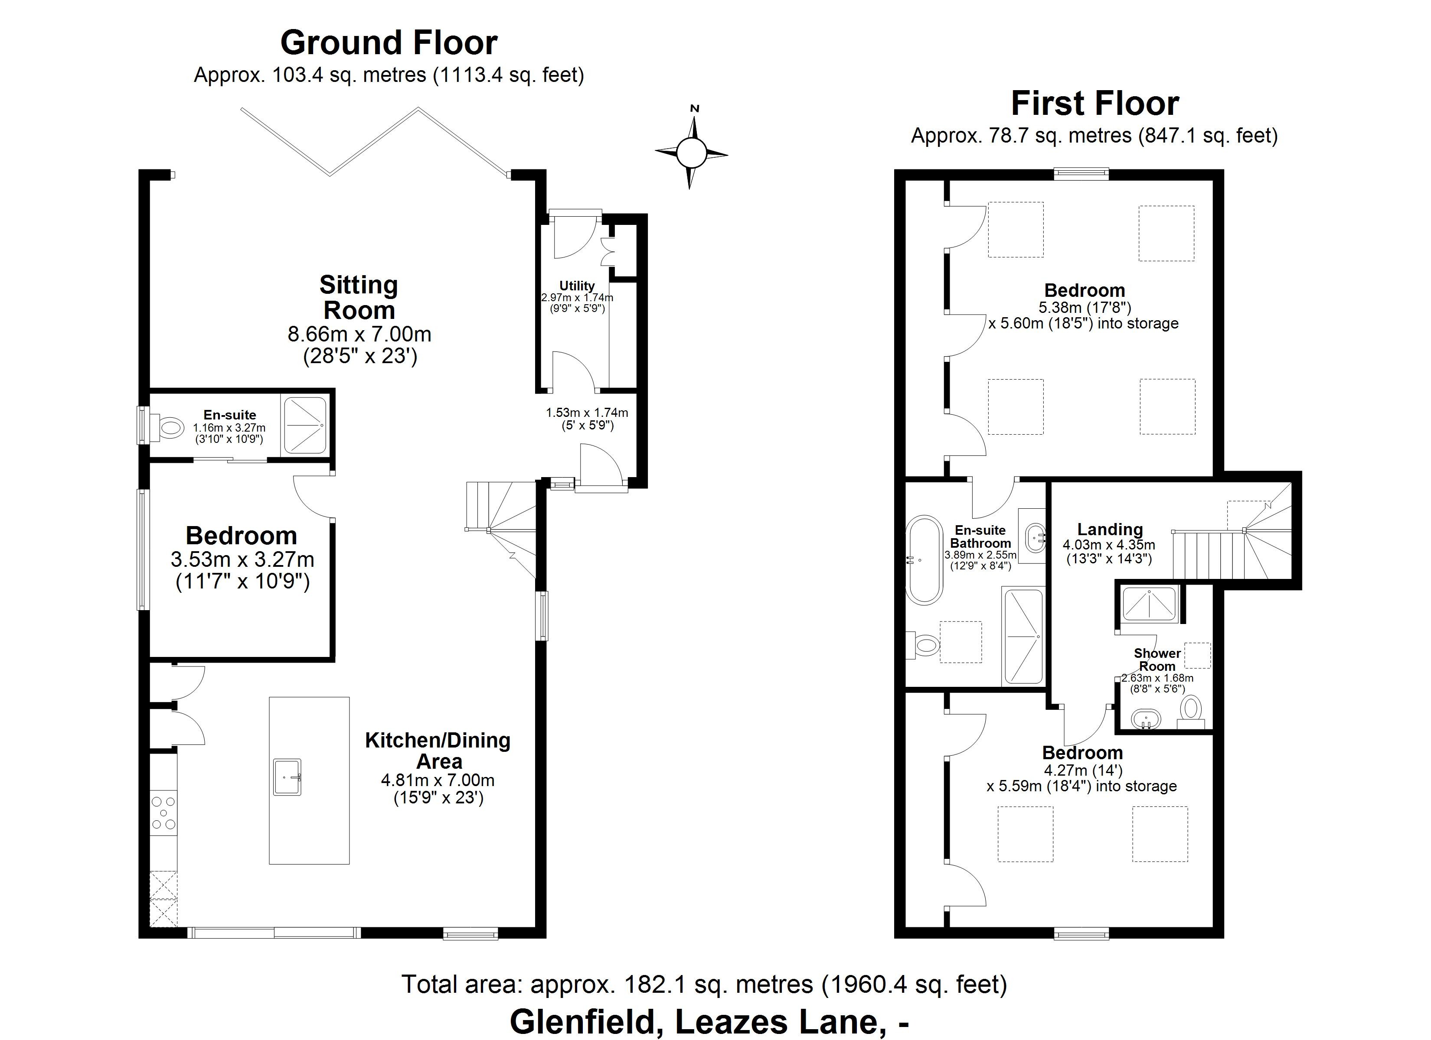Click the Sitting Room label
coord(358,298)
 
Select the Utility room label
coord(577,286)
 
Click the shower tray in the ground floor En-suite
coord(305,425)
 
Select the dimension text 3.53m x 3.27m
coord(242,559)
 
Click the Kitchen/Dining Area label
coord(438,751)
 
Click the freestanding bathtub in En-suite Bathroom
coord(925,560)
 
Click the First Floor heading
coord(1094,104)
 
